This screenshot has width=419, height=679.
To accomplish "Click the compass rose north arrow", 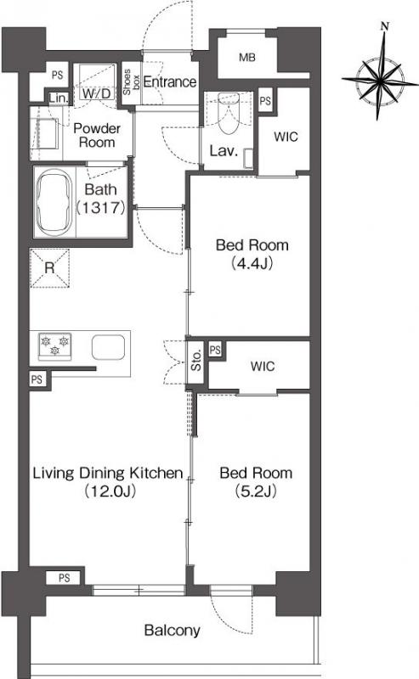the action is [380, 71].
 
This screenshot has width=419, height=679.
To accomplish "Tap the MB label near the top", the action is [247, 57].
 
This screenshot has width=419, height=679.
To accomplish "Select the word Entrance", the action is [170, 81].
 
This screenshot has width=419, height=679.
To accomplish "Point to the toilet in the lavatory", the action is [227, 113].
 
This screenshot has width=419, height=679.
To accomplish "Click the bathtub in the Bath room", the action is [54, 202].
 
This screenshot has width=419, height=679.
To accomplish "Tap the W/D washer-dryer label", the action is [96, 93].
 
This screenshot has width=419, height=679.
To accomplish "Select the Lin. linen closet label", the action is [58, 98].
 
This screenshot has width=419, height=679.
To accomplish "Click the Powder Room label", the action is [97, 135].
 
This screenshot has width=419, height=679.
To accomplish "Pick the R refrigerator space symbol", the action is [49, 268].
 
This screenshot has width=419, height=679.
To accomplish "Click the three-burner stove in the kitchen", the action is [54, 346].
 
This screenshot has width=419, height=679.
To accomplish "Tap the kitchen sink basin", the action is [109, 347].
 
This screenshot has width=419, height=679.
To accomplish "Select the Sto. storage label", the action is [196, 360].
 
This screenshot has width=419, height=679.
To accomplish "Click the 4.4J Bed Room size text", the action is [252, 263].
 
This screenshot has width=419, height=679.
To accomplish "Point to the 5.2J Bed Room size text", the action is [256, 491].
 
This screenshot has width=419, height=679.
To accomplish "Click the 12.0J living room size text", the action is [110, 491].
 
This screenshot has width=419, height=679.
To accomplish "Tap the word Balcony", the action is [173, 631].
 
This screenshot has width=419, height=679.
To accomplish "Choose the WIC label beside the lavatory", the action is [286, 137].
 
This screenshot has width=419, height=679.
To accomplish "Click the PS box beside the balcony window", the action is [65, 578].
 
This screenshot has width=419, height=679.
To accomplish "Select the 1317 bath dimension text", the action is [101, 208].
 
